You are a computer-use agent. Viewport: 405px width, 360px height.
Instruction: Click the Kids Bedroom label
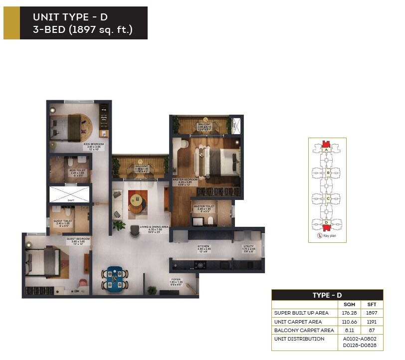point(94,145)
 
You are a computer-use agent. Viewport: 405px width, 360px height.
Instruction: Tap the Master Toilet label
point(204,206)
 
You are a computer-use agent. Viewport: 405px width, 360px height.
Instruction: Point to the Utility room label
point(249,246)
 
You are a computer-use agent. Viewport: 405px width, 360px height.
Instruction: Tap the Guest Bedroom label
point(78,239)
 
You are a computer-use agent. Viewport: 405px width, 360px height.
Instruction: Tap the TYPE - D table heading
point(327,295)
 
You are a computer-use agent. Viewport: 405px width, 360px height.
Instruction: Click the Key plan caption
point(330,236)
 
